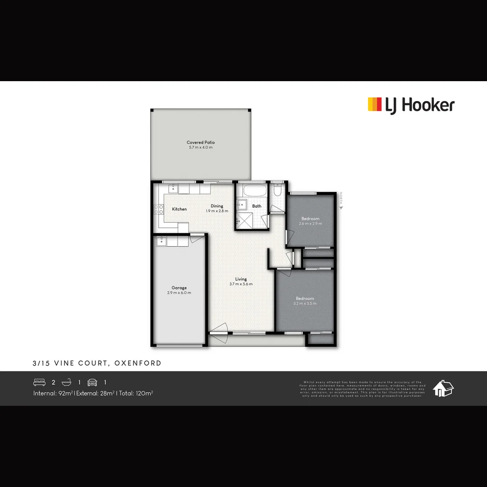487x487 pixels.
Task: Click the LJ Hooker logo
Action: pyautogui.click(x=411, y=105)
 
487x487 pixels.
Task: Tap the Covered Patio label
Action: pyautogui.click(x=201, y=142)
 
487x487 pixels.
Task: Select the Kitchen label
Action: pyautogui.click(x=179, y=209)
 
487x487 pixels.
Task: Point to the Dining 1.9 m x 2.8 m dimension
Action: pyautogui.click(x=217, y=211)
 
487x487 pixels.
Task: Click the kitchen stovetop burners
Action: pyautogui.click(x=159, y=209)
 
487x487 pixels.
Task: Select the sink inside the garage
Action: pyautogui.click(x=162, y=242)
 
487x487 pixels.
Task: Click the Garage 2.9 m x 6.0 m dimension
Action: pyautogui.click(x=179, y=293)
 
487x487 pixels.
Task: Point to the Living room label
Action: pyautogui.click(x=241, y=279)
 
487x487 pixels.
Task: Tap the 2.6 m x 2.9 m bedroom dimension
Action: pyautogui.click(x=310, y=224)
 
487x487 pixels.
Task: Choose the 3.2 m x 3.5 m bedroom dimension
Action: pyautogui.click(x=305, y=303)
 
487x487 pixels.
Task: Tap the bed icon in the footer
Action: pyautogui.click(x=39, y=382)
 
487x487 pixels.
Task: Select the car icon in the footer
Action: pyautogui.click(x=92, y=382)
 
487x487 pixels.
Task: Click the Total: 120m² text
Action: pyautogui.click(x=136, y=393)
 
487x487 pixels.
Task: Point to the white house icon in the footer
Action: pyautogui.click(x=443, y=388)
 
